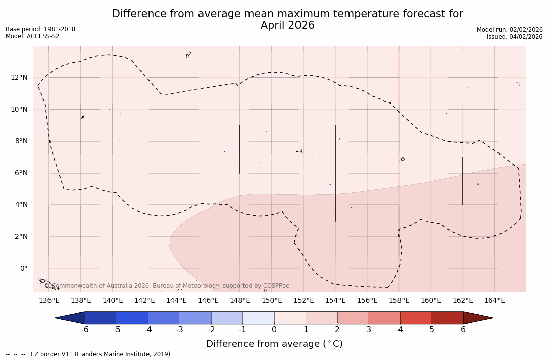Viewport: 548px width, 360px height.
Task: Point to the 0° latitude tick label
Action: [x=23, y=269]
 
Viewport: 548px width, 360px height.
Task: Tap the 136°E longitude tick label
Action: [x=49, y=301]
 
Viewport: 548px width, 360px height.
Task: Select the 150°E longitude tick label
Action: [x=272, y=301]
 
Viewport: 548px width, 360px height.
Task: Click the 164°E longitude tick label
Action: [x=494, y=301]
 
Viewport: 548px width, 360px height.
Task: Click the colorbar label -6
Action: [x=85, y=330]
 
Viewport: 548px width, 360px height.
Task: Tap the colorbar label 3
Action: [x=369, y=330]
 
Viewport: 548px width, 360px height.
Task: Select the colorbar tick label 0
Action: [x=274, y=330]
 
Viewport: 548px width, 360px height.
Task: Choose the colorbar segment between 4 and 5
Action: [x=416, y=318]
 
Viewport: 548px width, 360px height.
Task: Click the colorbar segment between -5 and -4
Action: [x=132, y=318]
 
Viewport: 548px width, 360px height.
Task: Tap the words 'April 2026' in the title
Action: [x=287, y=25]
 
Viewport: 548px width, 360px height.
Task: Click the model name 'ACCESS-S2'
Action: [x=43, y=36]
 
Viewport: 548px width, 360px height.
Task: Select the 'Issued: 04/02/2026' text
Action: [x=514, y=37]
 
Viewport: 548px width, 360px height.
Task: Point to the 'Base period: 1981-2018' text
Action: [x=40, y=29]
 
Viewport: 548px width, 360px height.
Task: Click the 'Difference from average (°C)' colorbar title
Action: [x=274, y=344]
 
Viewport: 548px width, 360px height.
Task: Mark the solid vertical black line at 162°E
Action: [x=463, y=181]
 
